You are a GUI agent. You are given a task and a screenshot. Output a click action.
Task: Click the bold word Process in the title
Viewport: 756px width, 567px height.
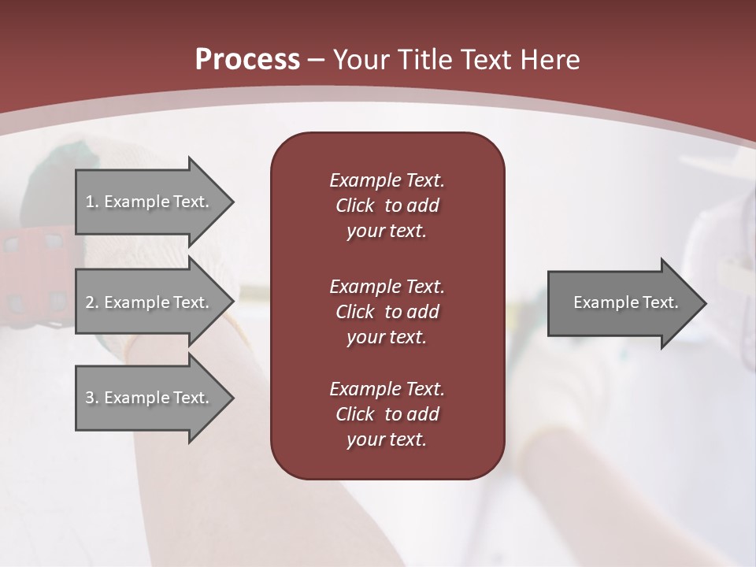[x=247, y=60]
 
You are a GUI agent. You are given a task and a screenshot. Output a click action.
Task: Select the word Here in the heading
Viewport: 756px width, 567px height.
[x=550, y=60]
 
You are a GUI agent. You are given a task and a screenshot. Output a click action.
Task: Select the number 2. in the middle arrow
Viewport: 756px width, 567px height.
[x=92, y=302]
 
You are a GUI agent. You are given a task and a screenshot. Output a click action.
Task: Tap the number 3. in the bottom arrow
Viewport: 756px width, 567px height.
[x=92, y=398]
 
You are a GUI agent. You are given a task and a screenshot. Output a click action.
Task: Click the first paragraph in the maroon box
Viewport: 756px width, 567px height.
[x=387, y=206]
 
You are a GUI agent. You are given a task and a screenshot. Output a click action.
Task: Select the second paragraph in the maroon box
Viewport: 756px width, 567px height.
[x=387, y=312]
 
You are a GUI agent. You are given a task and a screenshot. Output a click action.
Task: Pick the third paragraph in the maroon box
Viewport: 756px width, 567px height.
[x=387, y=414]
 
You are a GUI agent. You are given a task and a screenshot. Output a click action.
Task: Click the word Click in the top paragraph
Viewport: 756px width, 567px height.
[x=354, y=206]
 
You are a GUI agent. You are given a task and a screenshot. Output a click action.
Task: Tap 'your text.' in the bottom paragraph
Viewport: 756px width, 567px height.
[x=387, y=439]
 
